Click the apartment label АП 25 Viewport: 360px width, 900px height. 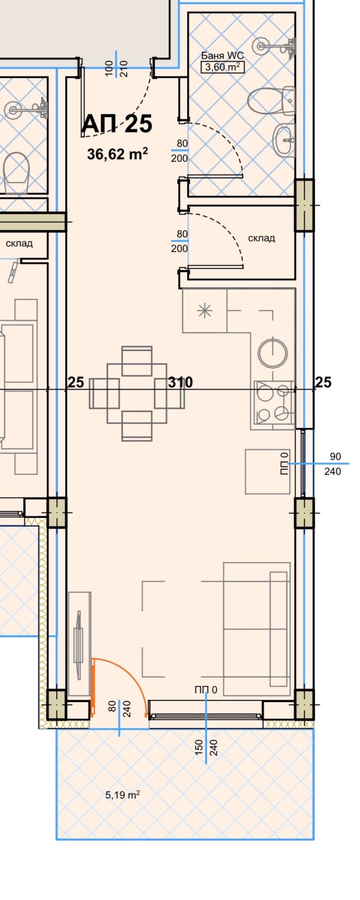point(117,124)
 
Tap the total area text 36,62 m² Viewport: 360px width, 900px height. point(117,154)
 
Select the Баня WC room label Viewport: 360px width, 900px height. point(222,56)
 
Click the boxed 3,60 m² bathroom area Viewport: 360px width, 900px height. point(222,67)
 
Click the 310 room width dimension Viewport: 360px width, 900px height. point(180,382)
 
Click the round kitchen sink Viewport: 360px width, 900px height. point(273,352)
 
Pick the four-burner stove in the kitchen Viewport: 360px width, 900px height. point(274,403)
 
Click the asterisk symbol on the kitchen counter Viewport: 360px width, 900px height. point(205,310)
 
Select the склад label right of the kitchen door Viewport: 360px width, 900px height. point(261,238)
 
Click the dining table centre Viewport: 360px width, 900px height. point(137,393)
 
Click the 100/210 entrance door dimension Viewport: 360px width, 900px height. point(117,68)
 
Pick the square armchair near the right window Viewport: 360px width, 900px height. point(267,471)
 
